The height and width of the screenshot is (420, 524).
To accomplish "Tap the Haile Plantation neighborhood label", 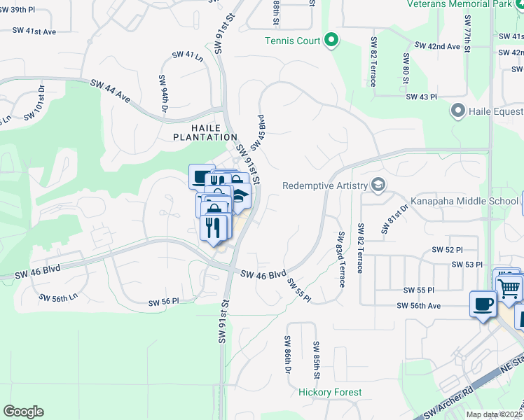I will click(x=206, y=132).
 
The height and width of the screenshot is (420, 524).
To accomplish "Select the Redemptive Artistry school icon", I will click(x=379, y=185).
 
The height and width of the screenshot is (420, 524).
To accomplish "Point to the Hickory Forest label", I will click(x=330, y=393).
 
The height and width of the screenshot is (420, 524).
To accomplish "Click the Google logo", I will click(x=23, y=412).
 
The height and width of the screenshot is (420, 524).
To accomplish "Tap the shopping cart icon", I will click(x=509, y=286).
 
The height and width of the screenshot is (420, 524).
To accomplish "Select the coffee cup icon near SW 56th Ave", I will click(x=483, y=303).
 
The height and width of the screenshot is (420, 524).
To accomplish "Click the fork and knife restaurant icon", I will click(x=214, y=227).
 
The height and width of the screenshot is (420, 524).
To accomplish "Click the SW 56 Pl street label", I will click(x=164, y=302).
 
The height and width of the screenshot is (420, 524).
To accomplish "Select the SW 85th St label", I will click(x=317, y=360).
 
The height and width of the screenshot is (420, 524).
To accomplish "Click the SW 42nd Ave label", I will click(x=437, y=45).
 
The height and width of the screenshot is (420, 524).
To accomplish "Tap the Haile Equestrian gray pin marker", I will click(x=459, y=111).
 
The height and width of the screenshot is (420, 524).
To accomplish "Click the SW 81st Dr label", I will click(x=395, y=218).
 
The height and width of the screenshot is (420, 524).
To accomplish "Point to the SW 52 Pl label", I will click(x=449, y=250).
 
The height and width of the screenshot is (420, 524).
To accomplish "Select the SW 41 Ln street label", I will click(x=188, y=56).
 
